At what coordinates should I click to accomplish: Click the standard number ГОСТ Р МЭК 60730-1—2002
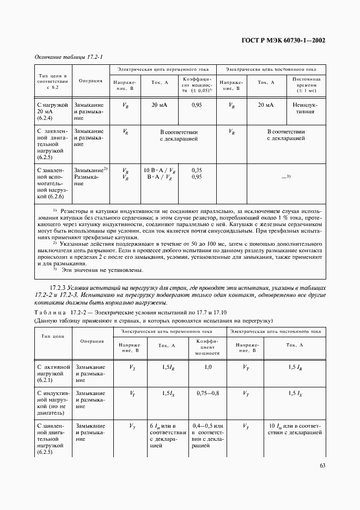(x=283, y=40)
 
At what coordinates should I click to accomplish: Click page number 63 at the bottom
(x=322, y=465)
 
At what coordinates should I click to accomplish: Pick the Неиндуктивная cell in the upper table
(x=306, y=109)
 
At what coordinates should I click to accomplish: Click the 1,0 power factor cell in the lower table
(x=208, y=368)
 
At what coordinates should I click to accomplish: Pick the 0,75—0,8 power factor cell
(x=208, y=393)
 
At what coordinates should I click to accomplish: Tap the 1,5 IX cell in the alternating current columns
(x=169, y=393)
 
